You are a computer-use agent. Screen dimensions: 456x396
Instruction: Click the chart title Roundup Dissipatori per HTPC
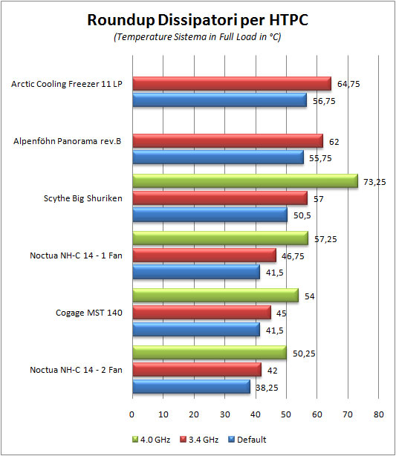pos(197,19)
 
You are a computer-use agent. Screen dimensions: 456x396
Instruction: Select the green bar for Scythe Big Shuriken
pos(244,181)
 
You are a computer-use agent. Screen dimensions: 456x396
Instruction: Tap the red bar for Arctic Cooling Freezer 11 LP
pos(231,83)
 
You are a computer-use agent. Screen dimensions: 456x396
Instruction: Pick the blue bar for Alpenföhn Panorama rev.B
pos(218,157)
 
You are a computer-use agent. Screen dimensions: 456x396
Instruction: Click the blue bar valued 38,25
pos(191,386)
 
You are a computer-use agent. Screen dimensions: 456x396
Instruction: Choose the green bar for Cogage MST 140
pos(215,296)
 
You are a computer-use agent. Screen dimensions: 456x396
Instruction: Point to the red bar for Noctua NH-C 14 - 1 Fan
pos(204,255)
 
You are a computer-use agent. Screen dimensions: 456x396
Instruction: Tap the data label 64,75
pos(348,84)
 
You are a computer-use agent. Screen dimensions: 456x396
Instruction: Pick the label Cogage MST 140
pos(89,312)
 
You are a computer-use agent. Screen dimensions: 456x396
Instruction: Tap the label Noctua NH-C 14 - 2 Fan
pos(77,369)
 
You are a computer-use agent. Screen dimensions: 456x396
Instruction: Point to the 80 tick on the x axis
pos(379,414)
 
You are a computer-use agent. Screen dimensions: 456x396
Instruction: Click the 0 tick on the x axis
pos(132,414)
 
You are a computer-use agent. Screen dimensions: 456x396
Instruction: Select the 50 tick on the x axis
pos(286,414)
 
